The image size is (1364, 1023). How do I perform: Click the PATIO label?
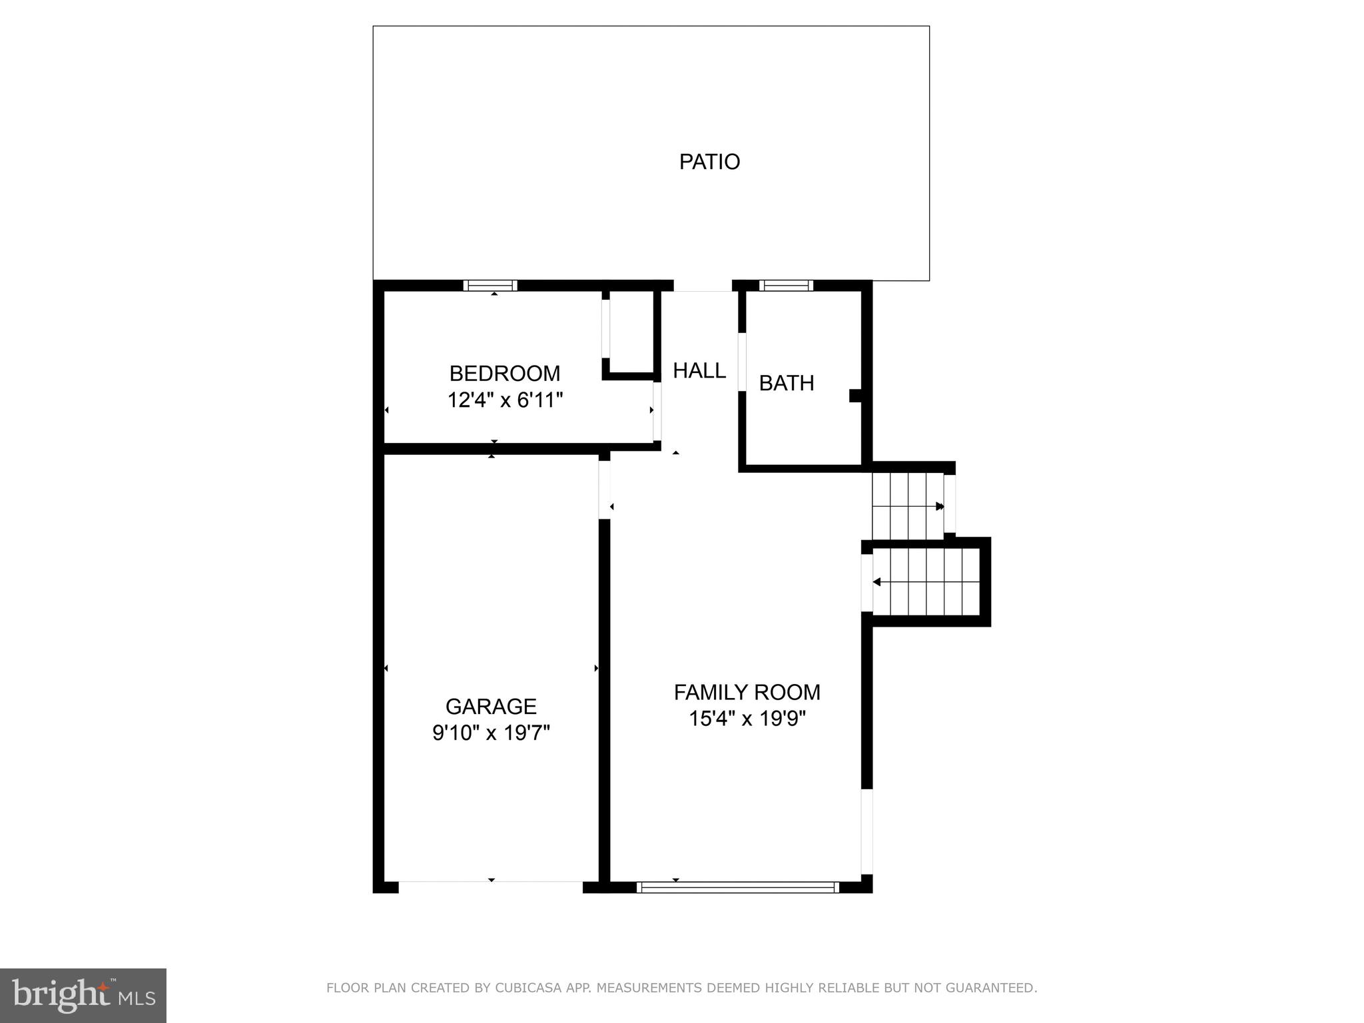709,162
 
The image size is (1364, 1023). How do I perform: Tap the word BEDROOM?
504,373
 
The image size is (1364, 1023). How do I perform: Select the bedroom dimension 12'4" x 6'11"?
505,400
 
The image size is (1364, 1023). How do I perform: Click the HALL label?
699,370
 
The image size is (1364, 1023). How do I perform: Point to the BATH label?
787,383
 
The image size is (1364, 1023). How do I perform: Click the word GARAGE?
491,706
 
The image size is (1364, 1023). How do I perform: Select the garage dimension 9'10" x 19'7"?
491,733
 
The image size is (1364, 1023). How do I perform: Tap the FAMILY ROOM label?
747,692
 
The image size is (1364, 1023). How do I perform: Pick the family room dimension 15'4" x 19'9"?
747,719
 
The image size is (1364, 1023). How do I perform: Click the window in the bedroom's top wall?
491,286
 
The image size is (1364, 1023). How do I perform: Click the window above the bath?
786,286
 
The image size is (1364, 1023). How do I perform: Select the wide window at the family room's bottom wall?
737,887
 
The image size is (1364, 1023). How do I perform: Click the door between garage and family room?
605,490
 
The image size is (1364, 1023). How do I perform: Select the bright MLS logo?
83,996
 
